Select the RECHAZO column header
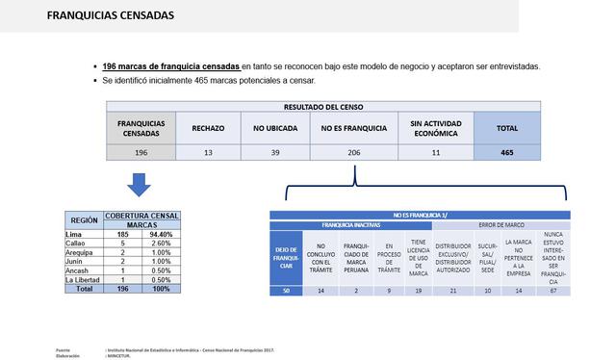coord(208,127)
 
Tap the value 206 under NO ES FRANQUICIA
coord(353,152)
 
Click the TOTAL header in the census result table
coord(506,127)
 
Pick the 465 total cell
coord(506,152)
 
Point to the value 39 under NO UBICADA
coord(275,152)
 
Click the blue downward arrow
coord(140,183)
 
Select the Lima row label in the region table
coord(73,234)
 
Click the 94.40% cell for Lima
coord(161,234)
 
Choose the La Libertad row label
coord(83,279)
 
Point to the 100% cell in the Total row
coord(161,289)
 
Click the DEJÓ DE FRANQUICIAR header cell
coord(286,257)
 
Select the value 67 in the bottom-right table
coord(553,290)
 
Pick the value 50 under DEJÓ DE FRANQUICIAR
coord(286,290)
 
